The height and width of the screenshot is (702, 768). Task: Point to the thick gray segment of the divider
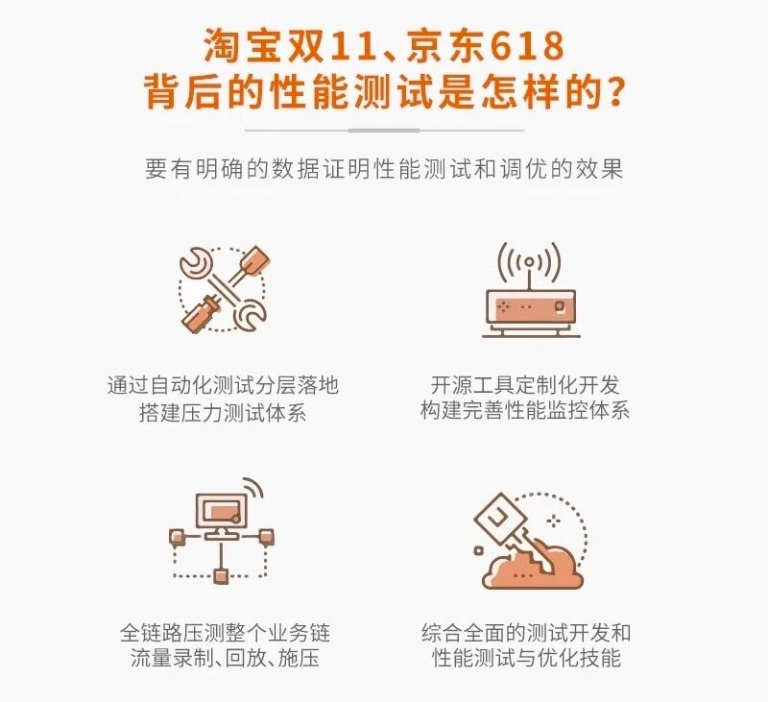click(x=384, y=131)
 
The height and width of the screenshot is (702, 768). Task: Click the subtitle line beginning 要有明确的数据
click(x=384, y=169)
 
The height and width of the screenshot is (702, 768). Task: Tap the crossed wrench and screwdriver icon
click(x=223, y=289)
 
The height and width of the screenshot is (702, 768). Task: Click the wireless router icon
click(x=531, y=290)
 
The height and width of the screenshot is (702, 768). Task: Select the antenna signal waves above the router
click(x=530, y=262)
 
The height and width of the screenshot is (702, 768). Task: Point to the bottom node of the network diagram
click(x=222, y=575)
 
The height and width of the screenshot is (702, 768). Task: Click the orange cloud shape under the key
click(x=533, y=568)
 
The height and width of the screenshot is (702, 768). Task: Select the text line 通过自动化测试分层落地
click(x=223, y=385)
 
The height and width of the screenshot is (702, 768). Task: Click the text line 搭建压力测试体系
click(x=223, y=412)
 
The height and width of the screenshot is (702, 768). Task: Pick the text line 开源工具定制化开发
click(x=525, y=385)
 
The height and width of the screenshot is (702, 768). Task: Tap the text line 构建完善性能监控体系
click(x=525, y=410)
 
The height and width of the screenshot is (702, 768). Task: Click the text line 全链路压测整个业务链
click(x=225, y=633)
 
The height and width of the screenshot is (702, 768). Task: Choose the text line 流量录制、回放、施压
click(x=225, y=658)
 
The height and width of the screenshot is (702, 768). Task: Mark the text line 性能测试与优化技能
click(x=526, y=658)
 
